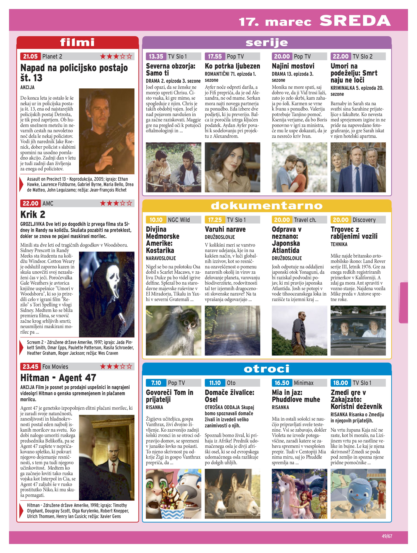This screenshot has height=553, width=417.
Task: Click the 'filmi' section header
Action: tap(78, 43)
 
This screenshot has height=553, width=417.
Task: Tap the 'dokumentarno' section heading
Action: tap(267, 206)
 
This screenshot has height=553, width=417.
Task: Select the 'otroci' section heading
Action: tap(267, 369)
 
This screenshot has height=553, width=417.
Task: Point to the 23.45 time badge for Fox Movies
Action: tap(30, 367)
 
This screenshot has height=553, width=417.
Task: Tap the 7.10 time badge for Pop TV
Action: tap(156, 383)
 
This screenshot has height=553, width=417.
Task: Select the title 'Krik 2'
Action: tap(33, 214)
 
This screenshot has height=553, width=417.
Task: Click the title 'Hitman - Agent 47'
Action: tap(58, 377)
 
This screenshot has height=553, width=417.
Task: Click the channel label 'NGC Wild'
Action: tap(179, 220)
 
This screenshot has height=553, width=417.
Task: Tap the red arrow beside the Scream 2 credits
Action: tap(22, 347)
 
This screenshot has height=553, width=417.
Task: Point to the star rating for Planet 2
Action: tap(116, 57)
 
